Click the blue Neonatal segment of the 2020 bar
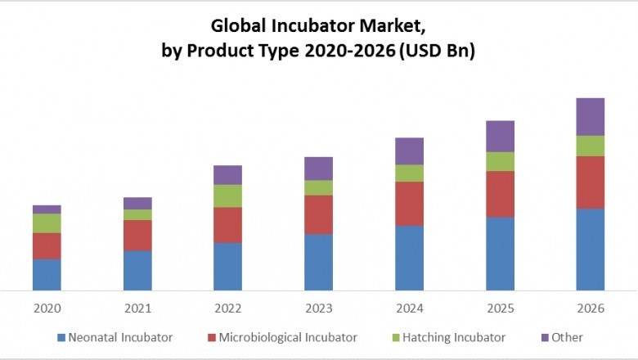pyautogui.click(x=47, y=274)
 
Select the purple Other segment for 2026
pyautogui.click(x=591, y=116)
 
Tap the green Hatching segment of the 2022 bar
pyautogui.click(x=227, y=196)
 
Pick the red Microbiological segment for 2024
pyautogui.click(x=409, y=203)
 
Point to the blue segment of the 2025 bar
pyautogui.click(x=500, y=253)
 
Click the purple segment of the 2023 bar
pyautogui.click(x=318, y=168)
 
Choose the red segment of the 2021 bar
pyautogui.click(x=137, y=235)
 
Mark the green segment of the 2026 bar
pyautogui.click(x=591, y=146)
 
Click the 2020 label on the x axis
pyautogui.click(x=47, y=308)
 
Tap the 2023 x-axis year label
pyautogui.click(x=318, y=308)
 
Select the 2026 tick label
pyautogui.click(x=591, y=308)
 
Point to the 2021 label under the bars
pyautogui.click(x=137, y=308)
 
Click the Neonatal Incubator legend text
pyautogui.click(x=120, y=337)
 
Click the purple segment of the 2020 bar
pyautogui.click(x=47, y=209)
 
